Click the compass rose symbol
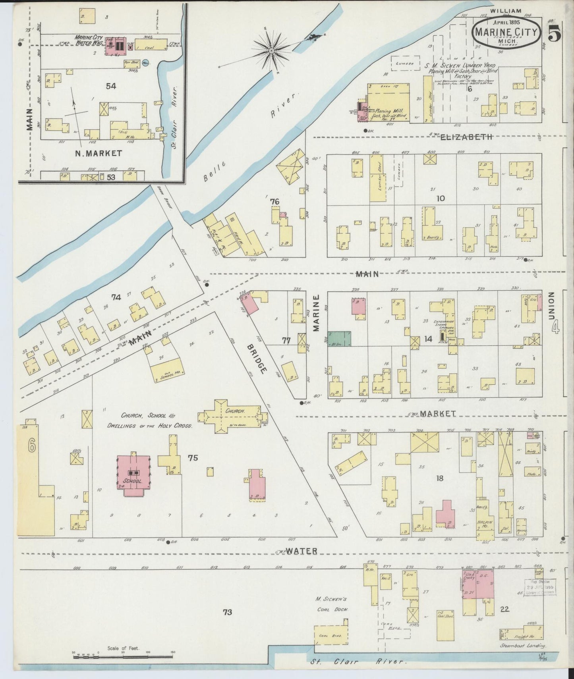[271, 51]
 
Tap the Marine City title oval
[506, 33]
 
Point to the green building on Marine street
[339, 339]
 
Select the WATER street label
[302, 551]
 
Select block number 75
[193, 458]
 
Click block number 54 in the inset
[111, 86]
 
